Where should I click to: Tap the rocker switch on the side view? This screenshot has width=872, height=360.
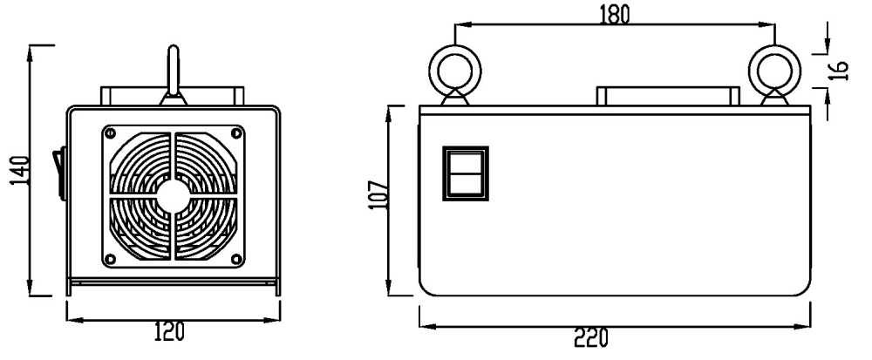coord(467,173)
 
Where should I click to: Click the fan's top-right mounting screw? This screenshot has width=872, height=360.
coord(235,132)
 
